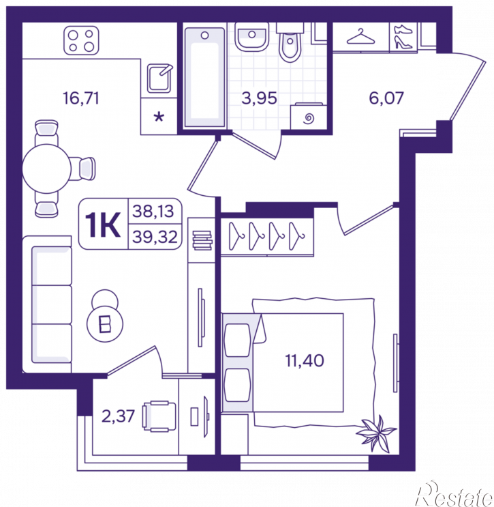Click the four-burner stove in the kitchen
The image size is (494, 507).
coord(81,40)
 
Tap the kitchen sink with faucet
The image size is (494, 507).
coord(159,78)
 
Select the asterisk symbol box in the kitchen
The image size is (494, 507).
coord(159,117)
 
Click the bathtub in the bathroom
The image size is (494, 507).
coord(204,77)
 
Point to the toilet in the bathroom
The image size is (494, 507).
coord(290,43)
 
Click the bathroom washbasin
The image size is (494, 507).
coord(252,37)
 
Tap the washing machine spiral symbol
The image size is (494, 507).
coord(309,118)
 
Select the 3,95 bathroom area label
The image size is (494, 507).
coord(260,98)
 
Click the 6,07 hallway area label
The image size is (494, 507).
coord(386,98)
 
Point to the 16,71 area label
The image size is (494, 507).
coord(80,98)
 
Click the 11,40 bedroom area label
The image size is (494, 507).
coord(305,360)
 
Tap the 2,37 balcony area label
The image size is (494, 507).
coord(118,416)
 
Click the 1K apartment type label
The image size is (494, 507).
coord(103,224)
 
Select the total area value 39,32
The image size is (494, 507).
coord(155,237)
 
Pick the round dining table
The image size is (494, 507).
coord(46,169)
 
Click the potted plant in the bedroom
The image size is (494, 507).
coord(376,433)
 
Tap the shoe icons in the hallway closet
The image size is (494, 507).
coord(403,37)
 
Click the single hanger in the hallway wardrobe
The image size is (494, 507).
coord(360,37)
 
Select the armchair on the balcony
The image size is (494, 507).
coord(159,416)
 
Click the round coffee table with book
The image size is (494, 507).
coord(105,323)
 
